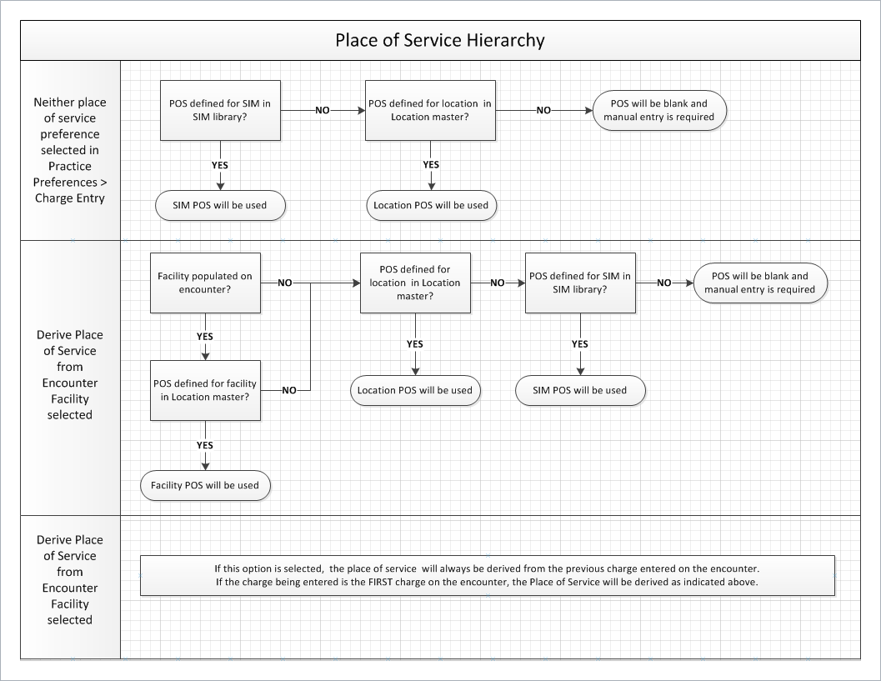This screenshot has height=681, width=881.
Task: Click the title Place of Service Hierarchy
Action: [x=440, y=41]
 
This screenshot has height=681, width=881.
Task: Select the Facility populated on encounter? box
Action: [x=205, y=283]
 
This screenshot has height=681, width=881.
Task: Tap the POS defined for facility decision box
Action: [x=205, y=390]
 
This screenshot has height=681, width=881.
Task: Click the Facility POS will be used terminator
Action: [x=205, y=485]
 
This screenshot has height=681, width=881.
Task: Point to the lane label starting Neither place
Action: [x=70, y=150]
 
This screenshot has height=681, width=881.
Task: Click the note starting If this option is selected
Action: [x=487, y=575]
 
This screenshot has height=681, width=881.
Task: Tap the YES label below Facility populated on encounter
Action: [x=204, y=337]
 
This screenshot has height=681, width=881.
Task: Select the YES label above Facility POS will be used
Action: [x=204, y=445]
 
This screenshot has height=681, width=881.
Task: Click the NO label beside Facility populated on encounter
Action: [x=285, y=283]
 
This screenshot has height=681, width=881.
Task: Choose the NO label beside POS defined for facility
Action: [x=288, y=390]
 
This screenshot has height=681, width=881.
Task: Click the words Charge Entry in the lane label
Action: [x=70, y=198]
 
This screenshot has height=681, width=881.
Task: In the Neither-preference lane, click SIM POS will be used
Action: [x=220, y=205]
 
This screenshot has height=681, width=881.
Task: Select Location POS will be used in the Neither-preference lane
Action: [x=432, y=205]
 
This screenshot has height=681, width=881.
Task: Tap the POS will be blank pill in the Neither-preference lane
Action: [x=659, y=110]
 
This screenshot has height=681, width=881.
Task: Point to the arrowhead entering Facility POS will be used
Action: [x=205, y=466]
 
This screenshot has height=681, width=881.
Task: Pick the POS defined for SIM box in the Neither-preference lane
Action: [x=220, y=110]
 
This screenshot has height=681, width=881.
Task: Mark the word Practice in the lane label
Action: [x=70, y=167]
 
